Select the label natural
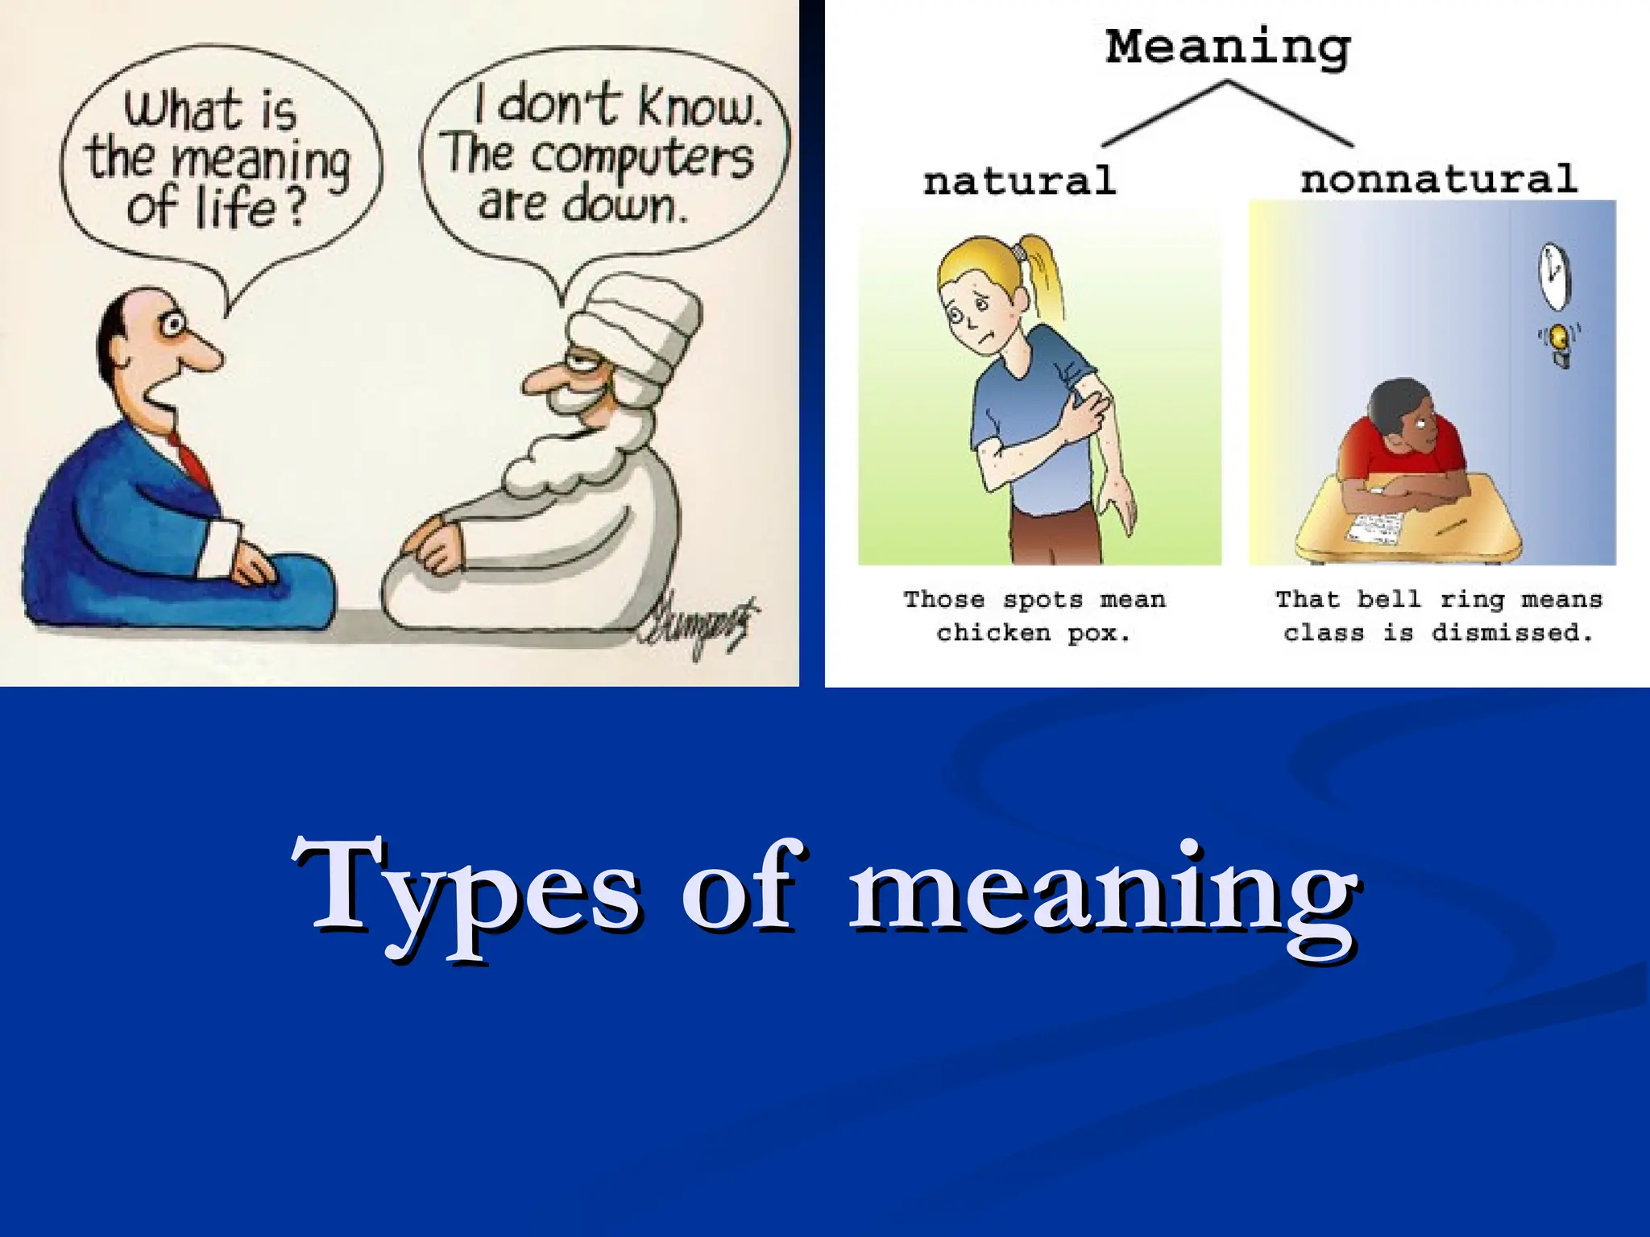(1019, 180)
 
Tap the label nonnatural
(1438, 178)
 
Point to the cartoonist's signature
(699, 626)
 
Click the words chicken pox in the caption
(1034, 633)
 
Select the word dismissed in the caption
(1511, 633)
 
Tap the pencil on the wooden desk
(1449, 527)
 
